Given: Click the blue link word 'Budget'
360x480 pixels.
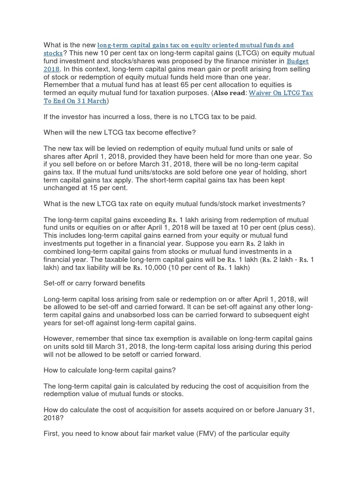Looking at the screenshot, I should pos(298,61).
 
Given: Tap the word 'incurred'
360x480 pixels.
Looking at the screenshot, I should pos(107,117).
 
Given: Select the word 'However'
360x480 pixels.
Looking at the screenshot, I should pos(59,338).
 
